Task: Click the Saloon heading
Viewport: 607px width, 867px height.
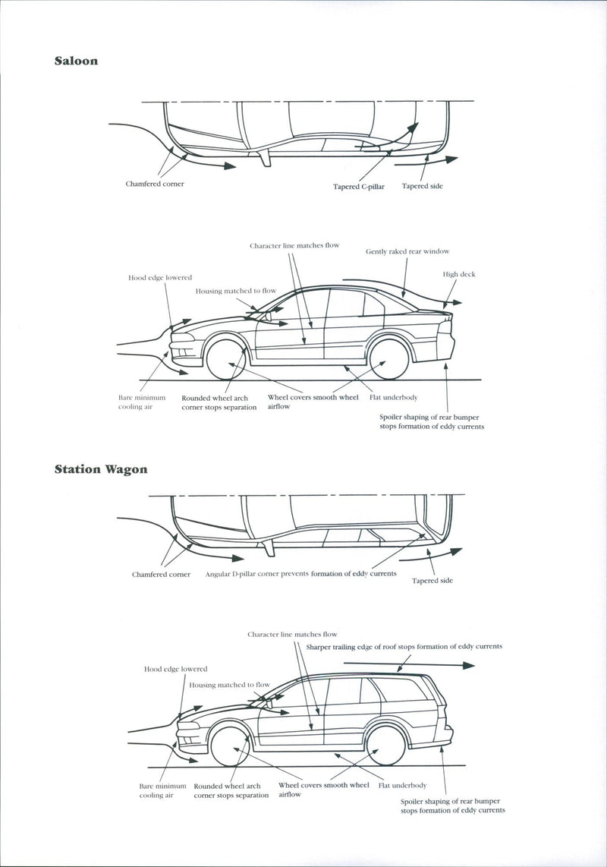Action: tap(76, 61)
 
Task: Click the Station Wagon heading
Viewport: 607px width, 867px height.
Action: tap(101, 469)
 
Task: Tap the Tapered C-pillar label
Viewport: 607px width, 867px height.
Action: tap(359, 186)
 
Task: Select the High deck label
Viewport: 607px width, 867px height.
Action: tap(459, 274)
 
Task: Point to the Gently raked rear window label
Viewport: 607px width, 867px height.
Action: tap(407, 251)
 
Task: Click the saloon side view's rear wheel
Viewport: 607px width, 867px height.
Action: tap(389, 358)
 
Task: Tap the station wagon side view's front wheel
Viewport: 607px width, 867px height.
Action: tap(230, 746)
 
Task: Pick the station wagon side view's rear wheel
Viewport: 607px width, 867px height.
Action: tap(385, 746)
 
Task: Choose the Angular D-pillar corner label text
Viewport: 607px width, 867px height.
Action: tap(300, 574)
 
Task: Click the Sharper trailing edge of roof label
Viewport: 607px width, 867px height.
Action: tap(404, 647)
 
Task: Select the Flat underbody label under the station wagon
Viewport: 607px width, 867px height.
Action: tap(402, 785)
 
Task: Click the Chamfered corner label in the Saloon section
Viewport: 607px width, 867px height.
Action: tap(155, 184)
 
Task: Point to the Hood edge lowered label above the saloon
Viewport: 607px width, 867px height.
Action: tap(159, 278)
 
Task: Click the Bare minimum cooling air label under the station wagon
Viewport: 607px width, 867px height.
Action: tap(162, 790)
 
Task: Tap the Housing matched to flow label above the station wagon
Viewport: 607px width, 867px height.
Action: tap(229, 685)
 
